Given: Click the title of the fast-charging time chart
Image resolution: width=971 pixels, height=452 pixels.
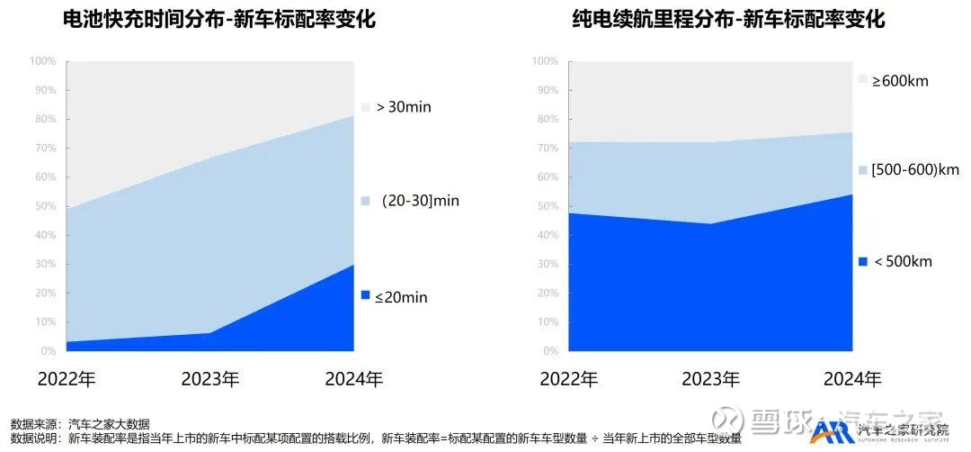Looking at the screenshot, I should pos(219,19).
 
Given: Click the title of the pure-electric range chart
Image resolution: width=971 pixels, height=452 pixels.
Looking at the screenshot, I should pos(729,19).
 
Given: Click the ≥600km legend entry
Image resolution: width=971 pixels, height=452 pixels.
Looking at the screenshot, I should pos(899,81).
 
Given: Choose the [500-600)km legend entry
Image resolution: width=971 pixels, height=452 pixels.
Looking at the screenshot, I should pos(914,169).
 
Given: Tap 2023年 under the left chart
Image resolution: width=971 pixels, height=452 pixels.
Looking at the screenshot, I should pos(209,379).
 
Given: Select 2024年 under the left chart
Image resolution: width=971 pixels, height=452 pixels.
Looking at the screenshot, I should pos(353,379).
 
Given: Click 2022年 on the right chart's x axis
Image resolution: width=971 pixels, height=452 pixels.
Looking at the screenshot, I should pos(569,379).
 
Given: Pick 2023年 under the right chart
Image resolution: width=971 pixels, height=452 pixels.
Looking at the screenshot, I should pos(710,379).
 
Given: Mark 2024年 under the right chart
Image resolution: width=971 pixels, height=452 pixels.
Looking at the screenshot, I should pos(851,379).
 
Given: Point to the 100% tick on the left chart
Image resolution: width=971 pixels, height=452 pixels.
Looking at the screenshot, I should pos(42,61).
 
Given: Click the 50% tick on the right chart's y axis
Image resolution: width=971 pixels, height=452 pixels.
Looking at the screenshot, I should pos(546,206).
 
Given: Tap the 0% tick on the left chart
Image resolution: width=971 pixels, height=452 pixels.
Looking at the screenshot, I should pos(47,351).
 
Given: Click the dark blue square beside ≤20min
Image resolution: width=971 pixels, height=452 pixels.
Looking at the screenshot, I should pos(365,296).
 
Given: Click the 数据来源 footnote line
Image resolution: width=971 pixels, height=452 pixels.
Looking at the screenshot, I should pos(80,423).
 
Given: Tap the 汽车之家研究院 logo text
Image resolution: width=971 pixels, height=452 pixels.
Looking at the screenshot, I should pos(904,431).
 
